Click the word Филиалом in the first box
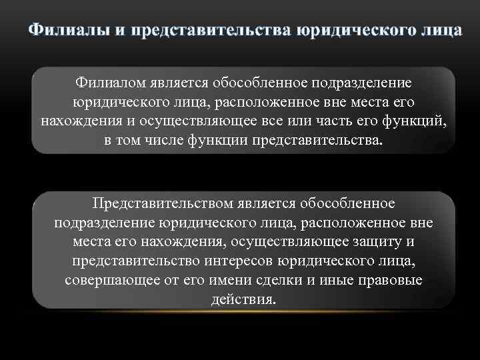(x=109, y=85)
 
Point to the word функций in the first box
(x=413, y=123)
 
